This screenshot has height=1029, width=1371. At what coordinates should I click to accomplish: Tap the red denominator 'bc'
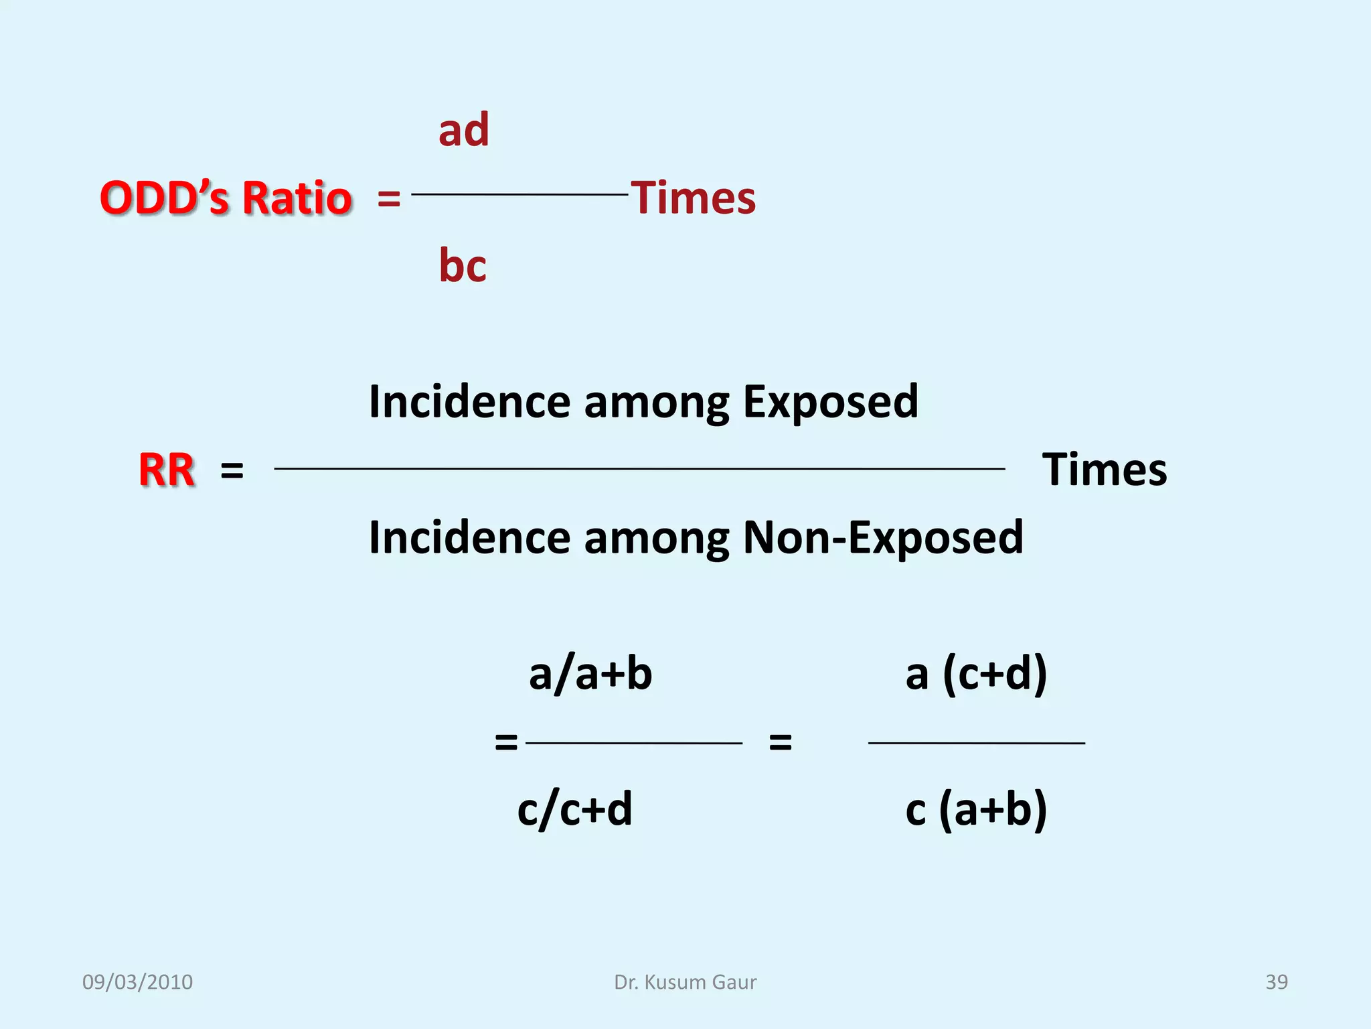(463, 265)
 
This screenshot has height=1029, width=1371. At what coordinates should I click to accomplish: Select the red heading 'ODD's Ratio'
(226, 198)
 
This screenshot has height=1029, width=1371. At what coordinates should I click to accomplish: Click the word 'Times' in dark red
(694, 198)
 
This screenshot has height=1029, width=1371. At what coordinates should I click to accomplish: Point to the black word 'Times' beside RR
(1105, 469)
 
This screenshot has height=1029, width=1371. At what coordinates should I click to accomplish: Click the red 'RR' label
(167, 470)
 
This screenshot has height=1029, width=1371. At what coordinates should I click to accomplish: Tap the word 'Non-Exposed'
(883, 537)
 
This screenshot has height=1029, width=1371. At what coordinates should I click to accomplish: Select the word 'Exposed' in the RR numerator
(830, 401)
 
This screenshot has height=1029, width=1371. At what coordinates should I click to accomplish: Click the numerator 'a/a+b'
(590, 674)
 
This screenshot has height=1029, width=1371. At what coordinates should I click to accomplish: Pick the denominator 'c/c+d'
(574, 809)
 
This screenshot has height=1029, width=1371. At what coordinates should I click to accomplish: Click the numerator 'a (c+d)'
(976, 674)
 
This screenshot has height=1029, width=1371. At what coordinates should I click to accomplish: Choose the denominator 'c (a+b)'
(976, 809)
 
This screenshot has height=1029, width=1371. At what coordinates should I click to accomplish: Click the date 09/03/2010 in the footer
(137, 982)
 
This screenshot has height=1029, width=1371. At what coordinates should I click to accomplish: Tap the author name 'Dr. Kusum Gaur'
(685, 982)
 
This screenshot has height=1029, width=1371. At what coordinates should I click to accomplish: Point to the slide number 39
(1277, 982)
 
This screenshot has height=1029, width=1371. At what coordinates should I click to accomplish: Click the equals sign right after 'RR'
(232, 470)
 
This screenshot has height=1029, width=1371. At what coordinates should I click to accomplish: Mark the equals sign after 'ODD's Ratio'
(389, 199)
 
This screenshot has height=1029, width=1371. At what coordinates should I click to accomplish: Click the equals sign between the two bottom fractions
(781, 742)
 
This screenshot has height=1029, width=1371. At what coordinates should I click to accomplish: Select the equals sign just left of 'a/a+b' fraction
(506, 742)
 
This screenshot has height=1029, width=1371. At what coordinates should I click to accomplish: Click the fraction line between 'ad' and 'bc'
(519, 194)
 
